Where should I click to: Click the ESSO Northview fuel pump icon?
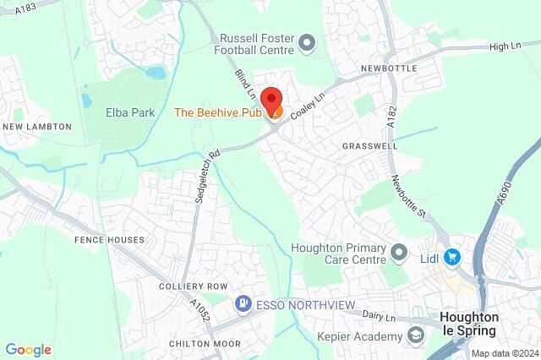(x=243, y=303)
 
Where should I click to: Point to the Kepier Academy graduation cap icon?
(x=415, y=337)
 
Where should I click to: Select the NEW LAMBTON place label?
(x=36, y=127)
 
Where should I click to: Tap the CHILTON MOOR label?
(x=204, y=344)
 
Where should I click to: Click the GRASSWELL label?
(x=369, y=146)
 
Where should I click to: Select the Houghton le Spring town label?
(x=471, y=323)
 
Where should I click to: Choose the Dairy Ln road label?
(x=380, y=315)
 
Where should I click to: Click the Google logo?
(x=28, y=349)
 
